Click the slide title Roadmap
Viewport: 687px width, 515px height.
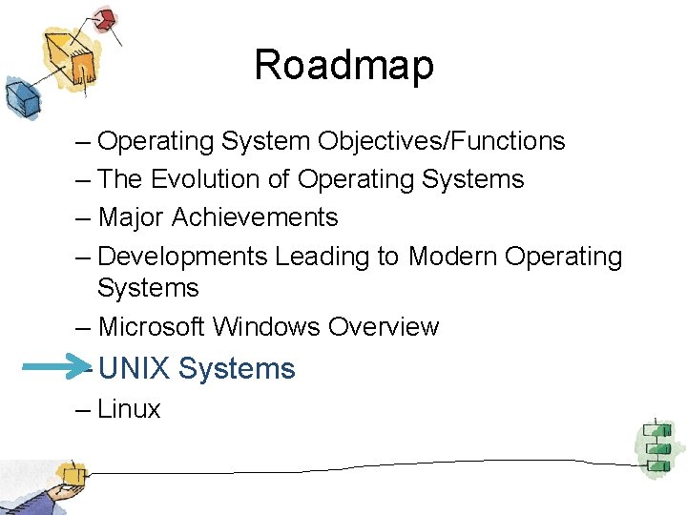[x=343, y=65]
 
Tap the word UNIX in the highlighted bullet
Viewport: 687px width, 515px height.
[x=135, y=368]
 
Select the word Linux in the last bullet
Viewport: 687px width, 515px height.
[x=129, y=409]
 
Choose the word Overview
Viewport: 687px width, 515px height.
[x=384, y=326]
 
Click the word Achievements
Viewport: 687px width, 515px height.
[x=255, y=217]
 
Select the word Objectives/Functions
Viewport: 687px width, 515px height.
[x=442, y=142]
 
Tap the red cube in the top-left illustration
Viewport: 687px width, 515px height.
[x=106, y=18]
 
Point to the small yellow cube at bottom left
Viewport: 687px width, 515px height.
[x=68, y=473]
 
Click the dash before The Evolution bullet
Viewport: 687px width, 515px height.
[x=82, y=179]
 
